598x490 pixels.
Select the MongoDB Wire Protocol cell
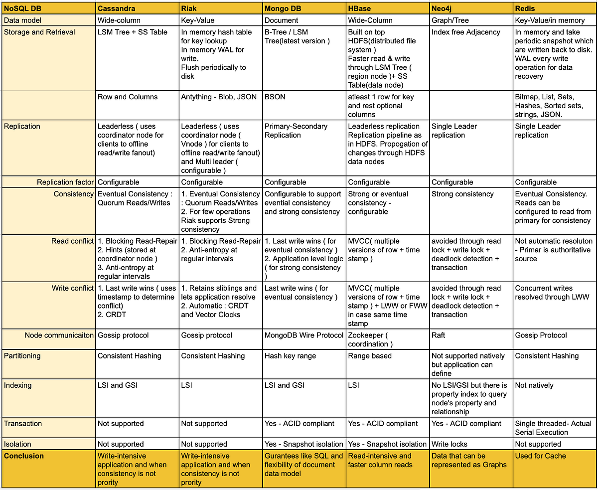coord(304,335)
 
